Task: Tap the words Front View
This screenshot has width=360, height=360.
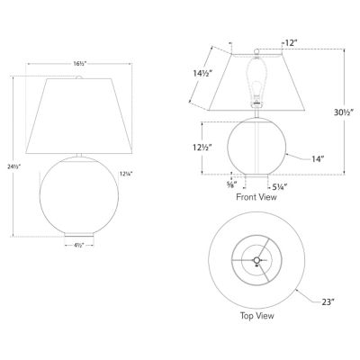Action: click(x=255, y=195)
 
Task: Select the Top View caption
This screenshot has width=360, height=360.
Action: click(x=256, y=317)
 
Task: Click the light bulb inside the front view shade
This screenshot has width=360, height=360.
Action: click(x=256, y=88)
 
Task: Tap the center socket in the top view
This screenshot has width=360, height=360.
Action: click(x=256, y=262)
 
